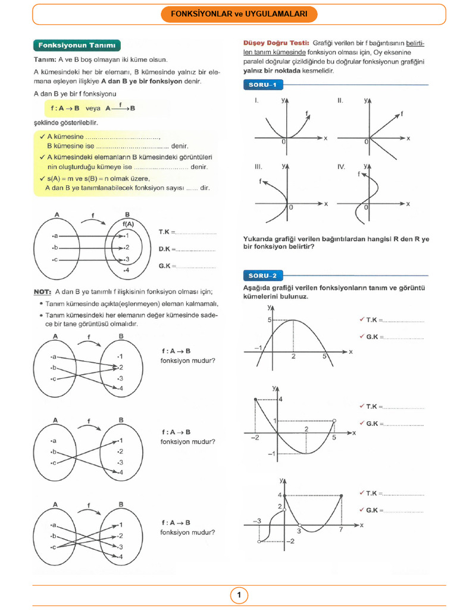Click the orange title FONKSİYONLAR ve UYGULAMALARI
(239, 14)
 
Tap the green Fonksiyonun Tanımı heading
(77, 45)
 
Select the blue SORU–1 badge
(263, 85)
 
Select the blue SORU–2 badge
(263, 276)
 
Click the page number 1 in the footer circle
(239, 595)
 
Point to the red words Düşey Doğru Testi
(276, 43)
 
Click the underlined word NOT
(42, 292)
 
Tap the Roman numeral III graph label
(258, 167)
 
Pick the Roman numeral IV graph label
(341, 167)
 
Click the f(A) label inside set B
(128, 224)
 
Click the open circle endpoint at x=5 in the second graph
(334, 421)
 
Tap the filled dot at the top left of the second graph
(255, 400)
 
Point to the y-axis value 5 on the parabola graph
(269, 320)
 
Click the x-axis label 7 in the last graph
(341, 530)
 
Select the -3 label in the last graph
(257, 521)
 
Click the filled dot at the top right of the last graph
(341, 496)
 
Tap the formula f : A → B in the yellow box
(65, 108)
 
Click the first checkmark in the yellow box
(42, 136)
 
